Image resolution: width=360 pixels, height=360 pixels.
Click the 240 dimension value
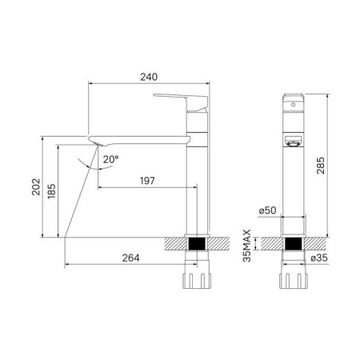tap(149, 77)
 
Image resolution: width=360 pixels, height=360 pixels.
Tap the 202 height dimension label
tap(36, 187)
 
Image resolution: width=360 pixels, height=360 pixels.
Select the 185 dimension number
tap(52, 191)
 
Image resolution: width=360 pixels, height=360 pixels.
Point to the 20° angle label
tap(111, 159)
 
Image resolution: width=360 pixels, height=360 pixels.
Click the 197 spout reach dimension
tap(147, 181)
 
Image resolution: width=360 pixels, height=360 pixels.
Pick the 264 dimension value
tap(130, 258)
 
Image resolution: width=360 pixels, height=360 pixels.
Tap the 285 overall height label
tap(321, 166)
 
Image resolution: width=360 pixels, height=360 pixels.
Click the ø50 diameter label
tap(267, 210)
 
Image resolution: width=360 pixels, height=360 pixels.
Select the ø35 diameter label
tap(319, 258)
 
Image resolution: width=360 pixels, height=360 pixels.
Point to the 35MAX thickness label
tap(247, 246)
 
